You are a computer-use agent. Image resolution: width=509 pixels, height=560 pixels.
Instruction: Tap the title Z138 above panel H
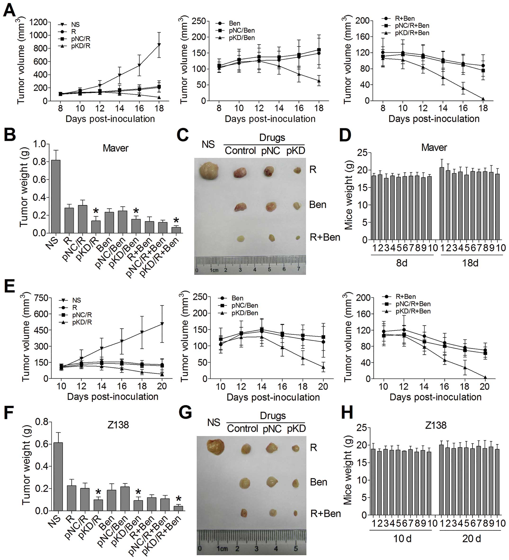436,425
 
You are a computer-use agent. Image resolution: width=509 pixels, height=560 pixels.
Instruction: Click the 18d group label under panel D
470,263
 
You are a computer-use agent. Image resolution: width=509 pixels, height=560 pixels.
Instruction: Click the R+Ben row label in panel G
326,513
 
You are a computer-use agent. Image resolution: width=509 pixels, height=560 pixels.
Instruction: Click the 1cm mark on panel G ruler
222,549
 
